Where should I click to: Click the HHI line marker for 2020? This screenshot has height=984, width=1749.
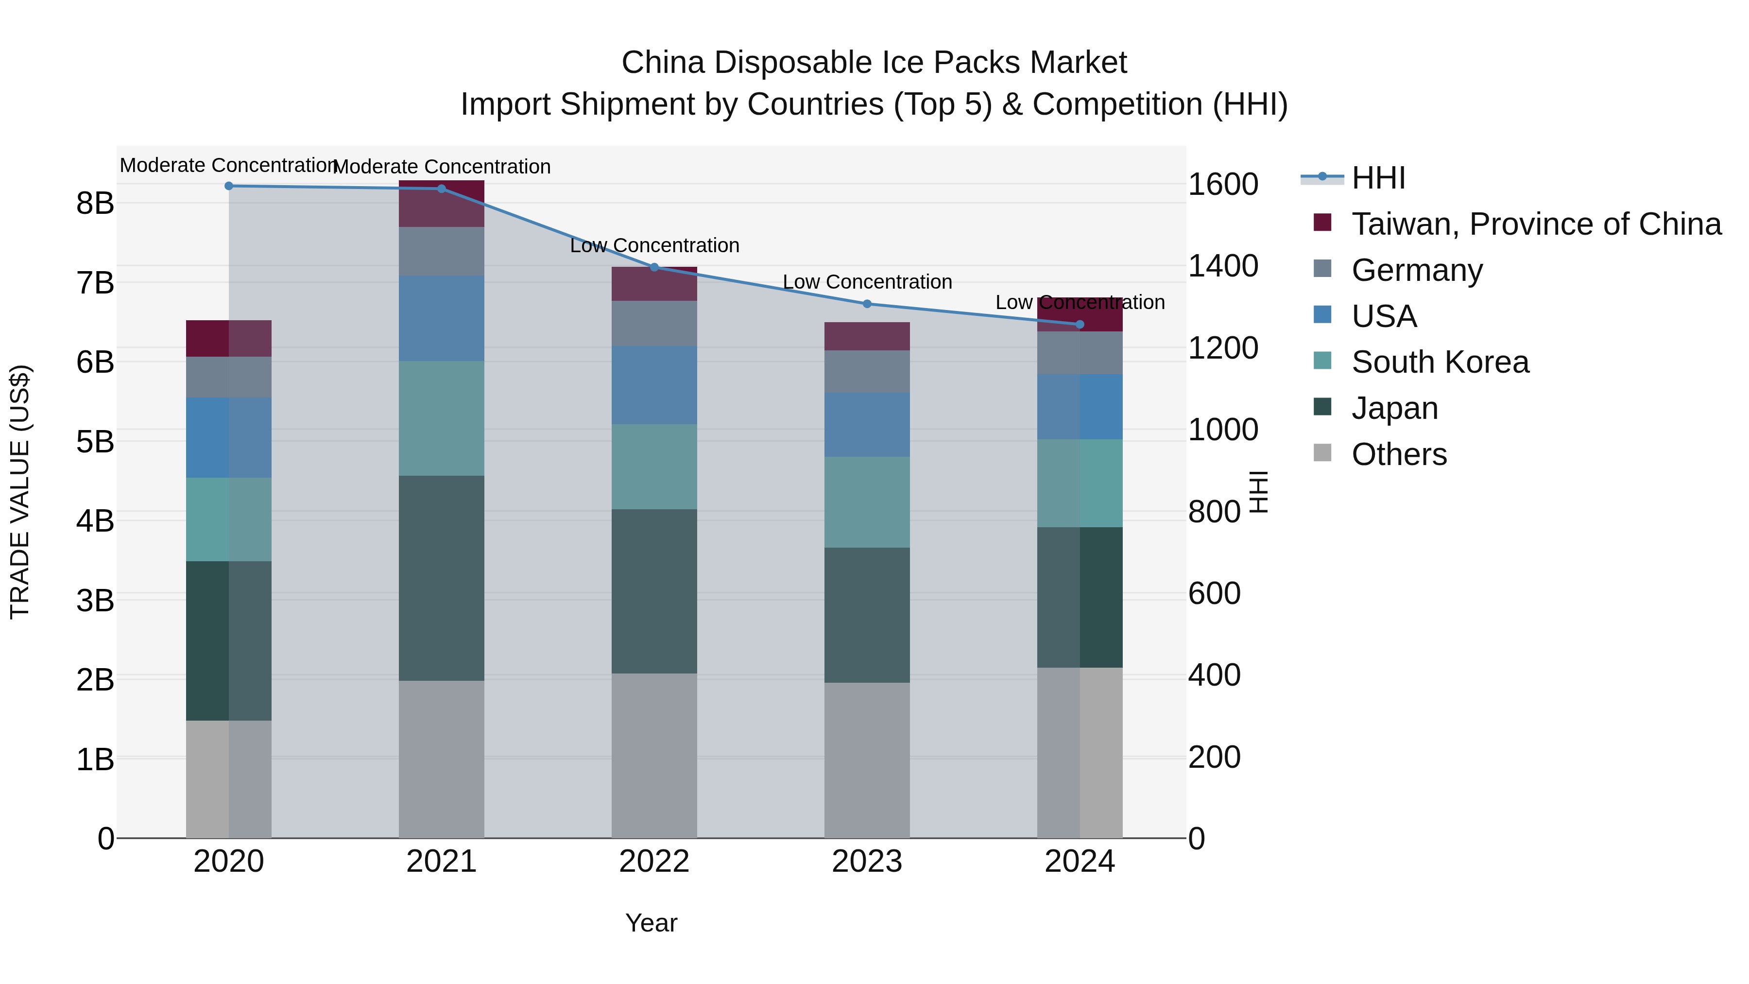coord(229,186)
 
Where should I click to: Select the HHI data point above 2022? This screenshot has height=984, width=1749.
coord(654,267)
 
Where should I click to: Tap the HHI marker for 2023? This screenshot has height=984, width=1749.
coord(867,304)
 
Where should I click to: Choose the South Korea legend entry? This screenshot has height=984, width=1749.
coord(1440,363)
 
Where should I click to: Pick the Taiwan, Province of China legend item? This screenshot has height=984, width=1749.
coord(1536,224)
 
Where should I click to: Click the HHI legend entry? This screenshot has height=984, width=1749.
coord(1378,178)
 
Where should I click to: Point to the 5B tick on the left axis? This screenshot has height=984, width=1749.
coord(95,442)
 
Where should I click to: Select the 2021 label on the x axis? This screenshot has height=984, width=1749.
coord(441,862)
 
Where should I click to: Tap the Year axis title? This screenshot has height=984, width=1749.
coord(651,923)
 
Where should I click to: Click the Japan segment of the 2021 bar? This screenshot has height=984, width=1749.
coord(441,577)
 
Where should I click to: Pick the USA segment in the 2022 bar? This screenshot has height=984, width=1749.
coord(654,384)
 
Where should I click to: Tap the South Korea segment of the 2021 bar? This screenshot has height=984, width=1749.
coord(441,418)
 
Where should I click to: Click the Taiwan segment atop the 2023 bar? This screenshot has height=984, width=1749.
coord(867,336)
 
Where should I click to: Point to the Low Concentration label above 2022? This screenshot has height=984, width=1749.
coord(654,245)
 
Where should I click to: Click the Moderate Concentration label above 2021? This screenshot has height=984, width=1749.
coord(441,166)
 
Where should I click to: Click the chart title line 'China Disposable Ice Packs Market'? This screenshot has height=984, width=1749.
coord(874,63)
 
